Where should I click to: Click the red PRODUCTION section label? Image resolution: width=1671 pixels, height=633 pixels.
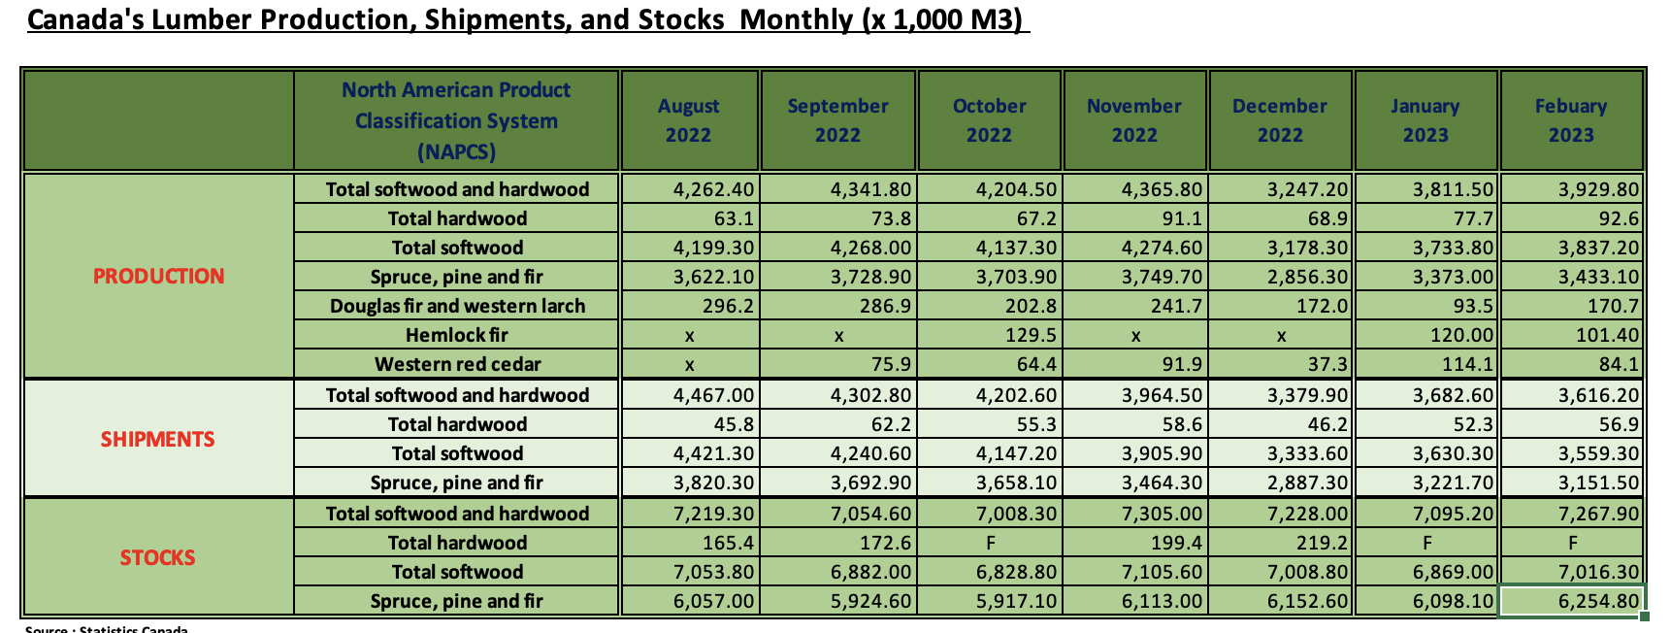[x=158, y=276]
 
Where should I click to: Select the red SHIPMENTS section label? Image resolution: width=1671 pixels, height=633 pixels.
[x=158, y=439]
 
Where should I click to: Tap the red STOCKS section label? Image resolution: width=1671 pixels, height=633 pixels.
[x=158, y=557]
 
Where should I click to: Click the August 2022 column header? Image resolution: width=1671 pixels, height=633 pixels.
[x=688, y=120]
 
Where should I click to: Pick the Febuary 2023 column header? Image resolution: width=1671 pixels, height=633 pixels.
[x=1571, y=120]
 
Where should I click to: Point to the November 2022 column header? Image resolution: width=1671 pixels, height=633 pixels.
[x=1134, y=120]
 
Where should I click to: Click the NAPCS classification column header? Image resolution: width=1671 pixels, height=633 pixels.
[x=456, y=120]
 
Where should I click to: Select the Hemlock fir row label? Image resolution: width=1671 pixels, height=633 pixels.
[x=457, y=335]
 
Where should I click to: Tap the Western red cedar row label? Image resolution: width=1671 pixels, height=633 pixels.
[x=458, y=364]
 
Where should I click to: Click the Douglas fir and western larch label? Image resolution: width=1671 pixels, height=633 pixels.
[x=457, y=306]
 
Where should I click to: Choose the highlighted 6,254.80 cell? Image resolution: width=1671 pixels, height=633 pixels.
[x=1572, y=601]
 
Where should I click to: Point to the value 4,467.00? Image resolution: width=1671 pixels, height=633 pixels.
[x=713, y=395]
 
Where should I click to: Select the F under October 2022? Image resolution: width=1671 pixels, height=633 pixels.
[x=990, y=543]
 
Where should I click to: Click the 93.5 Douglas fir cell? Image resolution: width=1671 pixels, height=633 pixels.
[x=1472, y=306]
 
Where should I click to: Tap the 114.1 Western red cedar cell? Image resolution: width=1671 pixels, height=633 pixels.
[x=1468, y=364]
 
